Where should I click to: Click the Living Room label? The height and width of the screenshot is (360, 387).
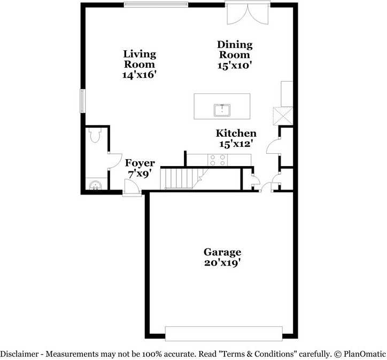[140, 58]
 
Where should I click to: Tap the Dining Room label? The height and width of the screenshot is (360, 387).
[234, 49]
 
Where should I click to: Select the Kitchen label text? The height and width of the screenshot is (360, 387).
[236, 134]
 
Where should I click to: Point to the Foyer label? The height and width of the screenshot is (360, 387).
[140, 163]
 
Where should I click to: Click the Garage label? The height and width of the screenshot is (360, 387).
[222, 252]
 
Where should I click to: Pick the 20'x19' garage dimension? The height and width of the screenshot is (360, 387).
[222, 263]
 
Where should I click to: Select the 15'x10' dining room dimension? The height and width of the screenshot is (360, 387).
[234, 65]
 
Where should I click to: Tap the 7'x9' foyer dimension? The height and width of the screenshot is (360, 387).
[140, 174]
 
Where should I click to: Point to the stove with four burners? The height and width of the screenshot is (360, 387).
[218, 160]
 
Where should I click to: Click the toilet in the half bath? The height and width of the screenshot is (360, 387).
[96, 136]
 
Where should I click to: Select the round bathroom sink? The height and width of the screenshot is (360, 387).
[95, 186]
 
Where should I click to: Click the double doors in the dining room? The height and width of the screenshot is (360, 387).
[247, 13]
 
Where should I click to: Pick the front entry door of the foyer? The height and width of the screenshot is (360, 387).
[131, 187]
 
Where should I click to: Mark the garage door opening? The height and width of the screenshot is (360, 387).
[223, 333]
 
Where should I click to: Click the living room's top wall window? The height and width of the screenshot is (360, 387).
[156, 5]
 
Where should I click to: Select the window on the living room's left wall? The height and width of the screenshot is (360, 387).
[82, 100]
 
